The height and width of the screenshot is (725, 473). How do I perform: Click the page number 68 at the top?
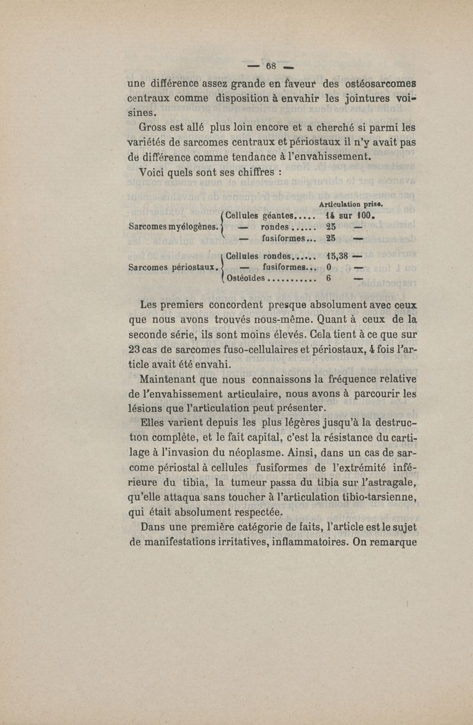pos(272,65)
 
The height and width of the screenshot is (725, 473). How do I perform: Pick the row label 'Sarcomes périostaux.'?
pos(173,267)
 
